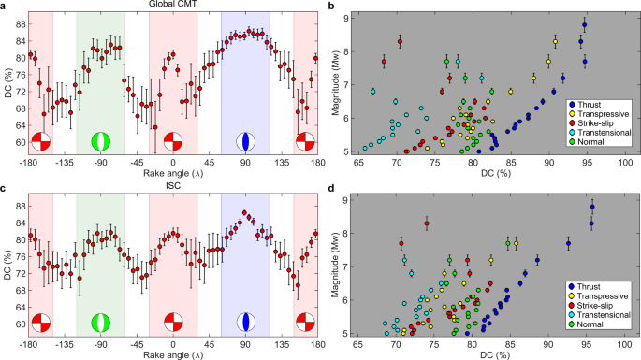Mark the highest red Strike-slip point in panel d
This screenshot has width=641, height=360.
coord(427,223)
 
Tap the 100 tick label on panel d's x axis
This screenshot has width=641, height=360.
coord(626,345)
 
